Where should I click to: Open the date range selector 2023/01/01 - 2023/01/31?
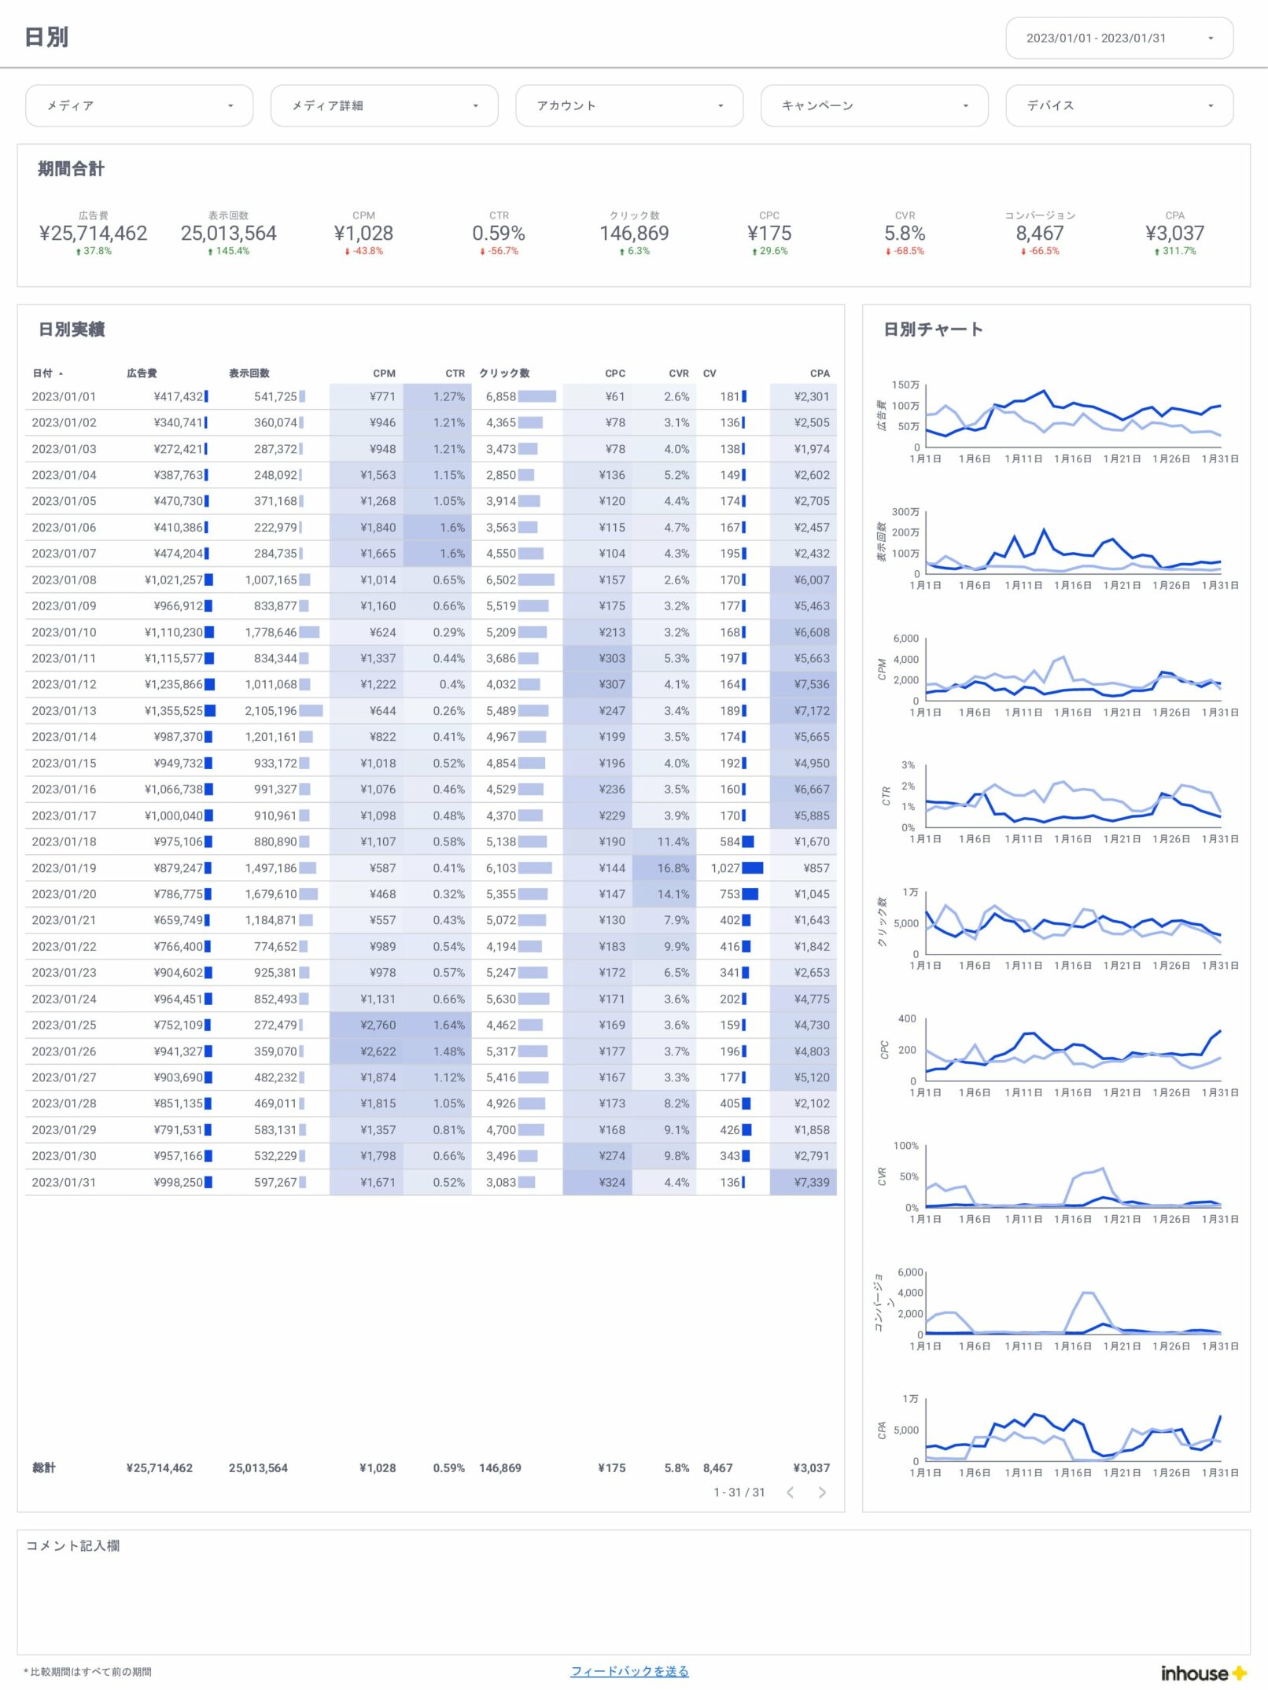pos(1119,38)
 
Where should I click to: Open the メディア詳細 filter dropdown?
pos(384,105)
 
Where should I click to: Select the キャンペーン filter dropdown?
pos(874,105)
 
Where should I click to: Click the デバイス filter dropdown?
pos(1119,105)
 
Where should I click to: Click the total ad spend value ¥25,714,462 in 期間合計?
pos(93,234)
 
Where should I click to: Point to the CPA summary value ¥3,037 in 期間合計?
pos(1174,234)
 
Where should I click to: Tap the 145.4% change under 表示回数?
pos(229,252)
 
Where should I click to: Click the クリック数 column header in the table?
pos(504,374)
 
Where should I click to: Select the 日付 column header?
pos(43,374)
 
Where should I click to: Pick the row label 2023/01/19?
pos(64,868)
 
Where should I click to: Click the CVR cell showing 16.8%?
pos(673,868)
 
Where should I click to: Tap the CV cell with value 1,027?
pos(725,868)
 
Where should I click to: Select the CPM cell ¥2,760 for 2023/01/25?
pos(378,1025)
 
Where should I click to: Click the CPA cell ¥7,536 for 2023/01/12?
pos(812,685)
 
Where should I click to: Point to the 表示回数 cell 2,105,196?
pos(271,711)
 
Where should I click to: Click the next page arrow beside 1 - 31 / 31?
pos(822,1493)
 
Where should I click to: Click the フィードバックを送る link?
pos(629,1671)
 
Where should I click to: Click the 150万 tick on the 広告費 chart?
pos(905,385)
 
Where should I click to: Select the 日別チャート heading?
pos(933,330)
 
